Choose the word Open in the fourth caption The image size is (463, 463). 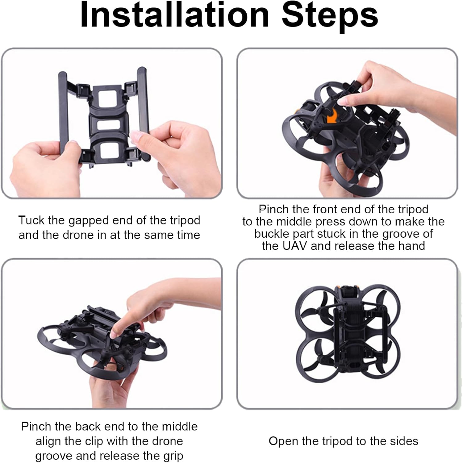(282, 441)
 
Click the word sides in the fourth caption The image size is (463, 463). (403, 441)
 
